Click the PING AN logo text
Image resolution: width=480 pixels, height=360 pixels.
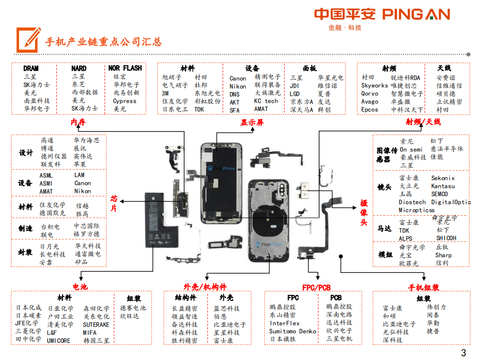(x=416, y=14)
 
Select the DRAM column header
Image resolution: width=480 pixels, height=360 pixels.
(x=31, y=68)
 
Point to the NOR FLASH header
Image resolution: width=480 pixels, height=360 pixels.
(x=125, y=68)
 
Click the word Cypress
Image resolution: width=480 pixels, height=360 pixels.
(x=124, y=101)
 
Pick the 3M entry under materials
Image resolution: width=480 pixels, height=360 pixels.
(x=165, y=93)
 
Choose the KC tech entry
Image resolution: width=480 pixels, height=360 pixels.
(x=266, y=101)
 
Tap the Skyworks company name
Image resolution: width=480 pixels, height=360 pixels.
(x=374, y=86)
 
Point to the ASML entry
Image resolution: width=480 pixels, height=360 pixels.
(x=46, y=175)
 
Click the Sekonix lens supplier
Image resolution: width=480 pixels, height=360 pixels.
(x=442, y=178)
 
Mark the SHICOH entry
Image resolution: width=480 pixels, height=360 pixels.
(x=445, y=238)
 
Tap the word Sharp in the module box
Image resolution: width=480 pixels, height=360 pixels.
(x=443, y=255)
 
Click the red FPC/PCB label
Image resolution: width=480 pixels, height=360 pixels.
(x=316, y=287)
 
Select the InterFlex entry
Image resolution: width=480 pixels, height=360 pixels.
(x=284, y=323)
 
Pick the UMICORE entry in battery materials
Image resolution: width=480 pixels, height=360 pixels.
(x=59, y=340)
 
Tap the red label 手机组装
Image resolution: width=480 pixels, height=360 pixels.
(x=423, y=287)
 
